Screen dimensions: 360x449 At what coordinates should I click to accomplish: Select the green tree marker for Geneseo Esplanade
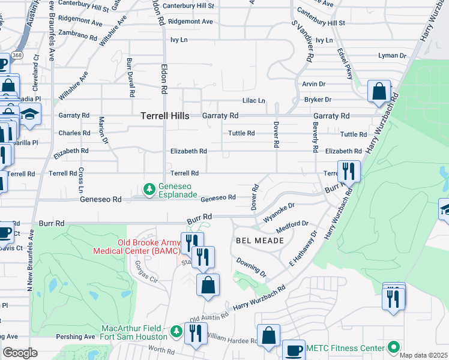pyautogui.click(x=149, y=190)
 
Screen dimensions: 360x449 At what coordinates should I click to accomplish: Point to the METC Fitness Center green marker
pyautogui.click(x=393, y=347)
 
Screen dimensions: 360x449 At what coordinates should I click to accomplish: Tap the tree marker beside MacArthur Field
pyautogui.click(x=176, y=332)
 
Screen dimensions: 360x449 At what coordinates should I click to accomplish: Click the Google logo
pyautogui.click(x=20, y=353)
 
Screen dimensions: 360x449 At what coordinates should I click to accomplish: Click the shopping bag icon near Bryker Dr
pyautogui.click(x=379, y=92)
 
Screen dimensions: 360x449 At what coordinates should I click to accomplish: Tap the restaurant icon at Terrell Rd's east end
pyautogui.click(x=348, y=172)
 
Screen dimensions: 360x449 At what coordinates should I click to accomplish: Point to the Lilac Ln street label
pyautogui.click(x=253, y=101)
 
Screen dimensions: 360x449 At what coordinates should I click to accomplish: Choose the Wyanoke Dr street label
pyautogui.click(x=279, y=208)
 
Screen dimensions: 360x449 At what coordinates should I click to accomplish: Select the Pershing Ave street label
pyautogui.click(x=75, y=337)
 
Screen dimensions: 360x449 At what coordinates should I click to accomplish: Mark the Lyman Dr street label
pyautogui.click(x=393, y=55)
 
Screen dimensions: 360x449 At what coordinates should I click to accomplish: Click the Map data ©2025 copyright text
pyautogui.click(x=423, y=355)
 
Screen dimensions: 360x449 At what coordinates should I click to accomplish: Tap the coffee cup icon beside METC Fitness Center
pyautogui.click(x=294, y=350)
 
